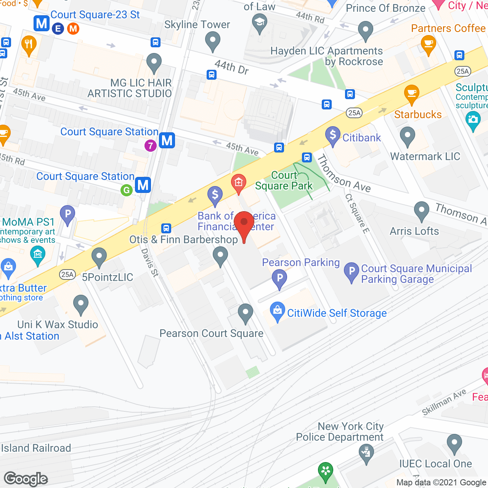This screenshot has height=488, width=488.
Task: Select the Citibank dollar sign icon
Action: click(x=332, y=135)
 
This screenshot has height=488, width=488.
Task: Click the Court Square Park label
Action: click(x=284, y=181)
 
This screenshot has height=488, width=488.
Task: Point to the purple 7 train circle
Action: click(x=151, y=145)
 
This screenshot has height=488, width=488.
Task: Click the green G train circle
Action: click(x=126, y=190)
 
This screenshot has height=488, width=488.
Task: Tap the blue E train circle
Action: click(x=58, y=29)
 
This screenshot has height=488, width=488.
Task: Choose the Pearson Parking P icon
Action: click(x=279, y=278)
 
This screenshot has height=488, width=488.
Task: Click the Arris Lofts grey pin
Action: click(x=421, y=210)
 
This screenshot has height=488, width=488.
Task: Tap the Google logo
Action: click(x=26, y=478)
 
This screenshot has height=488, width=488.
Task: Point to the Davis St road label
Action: click(x=149, y=262)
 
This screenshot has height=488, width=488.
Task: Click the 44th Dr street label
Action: click(x=231, y=67)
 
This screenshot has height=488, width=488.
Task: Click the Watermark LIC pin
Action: click(x=408, y=135)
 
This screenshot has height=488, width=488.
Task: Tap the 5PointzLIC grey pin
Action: click(x=99, y=256)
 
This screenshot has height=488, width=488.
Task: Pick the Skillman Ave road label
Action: click(x=444, y=402)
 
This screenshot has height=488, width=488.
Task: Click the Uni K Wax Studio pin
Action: click(x=81, y=304)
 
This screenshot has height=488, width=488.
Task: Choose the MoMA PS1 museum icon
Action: click(x=37, y=254)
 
